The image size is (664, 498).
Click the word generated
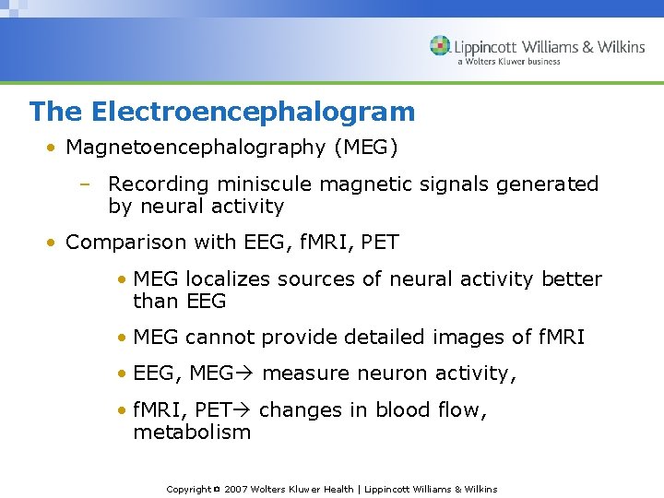point(549,184)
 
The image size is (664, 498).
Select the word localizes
point(226,279)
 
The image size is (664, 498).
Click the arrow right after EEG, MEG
point(247,373)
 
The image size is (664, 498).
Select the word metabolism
point(192,433)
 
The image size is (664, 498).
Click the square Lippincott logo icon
point(440,46)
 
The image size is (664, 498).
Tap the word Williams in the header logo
point(552,47)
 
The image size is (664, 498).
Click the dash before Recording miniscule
point(84,184)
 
